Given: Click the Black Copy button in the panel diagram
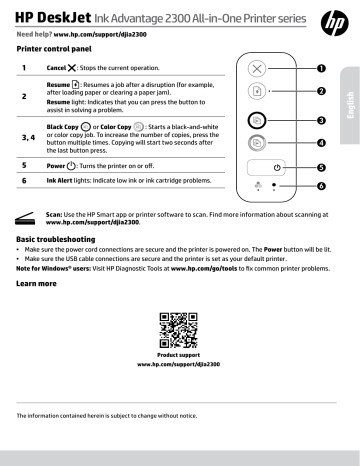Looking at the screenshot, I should [x=256, y=119].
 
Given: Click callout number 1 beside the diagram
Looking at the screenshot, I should [x=321, y=69].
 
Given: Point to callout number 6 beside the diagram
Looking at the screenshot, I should [x=321, y=186].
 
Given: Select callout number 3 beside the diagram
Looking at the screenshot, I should [x=321, y=120].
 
